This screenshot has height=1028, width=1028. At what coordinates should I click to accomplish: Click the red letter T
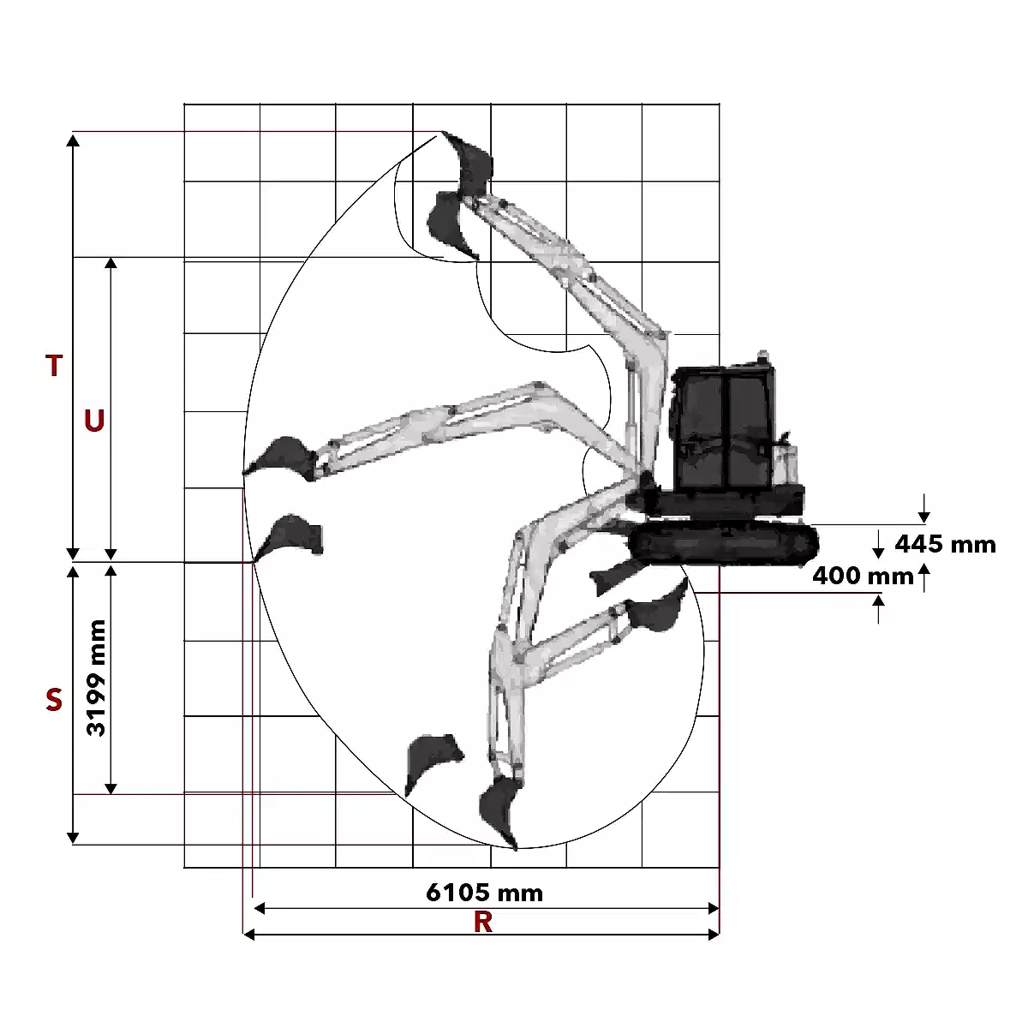54,366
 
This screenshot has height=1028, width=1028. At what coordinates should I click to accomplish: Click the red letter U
94,421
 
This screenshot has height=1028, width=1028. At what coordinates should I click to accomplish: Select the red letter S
54,699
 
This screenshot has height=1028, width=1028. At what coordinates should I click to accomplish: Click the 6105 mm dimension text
484,893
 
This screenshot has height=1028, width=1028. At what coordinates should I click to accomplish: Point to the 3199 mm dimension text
97,678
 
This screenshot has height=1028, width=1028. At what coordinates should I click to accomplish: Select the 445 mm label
945,545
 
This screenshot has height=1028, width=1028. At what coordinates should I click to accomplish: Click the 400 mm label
864,577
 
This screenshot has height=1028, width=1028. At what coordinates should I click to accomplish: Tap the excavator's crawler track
723,544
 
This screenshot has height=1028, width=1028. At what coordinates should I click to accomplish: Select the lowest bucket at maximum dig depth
499,812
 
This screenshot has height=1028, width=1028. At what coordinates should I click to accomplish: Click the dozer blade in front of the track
613,577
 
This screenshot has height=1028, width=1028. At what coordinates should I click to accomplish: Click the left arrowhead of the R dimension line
248,934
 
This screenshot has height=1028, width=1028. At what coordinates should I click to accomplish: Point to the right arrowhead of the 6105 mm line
714,909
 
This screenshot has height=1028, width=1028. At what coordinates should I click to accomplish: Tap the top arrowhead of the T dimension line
73,140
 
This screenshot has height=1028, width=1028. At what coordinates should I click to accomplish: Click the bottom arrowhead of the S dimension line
73,838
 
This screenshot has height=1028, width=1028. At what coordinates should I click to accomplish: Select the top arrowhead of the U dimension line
111,264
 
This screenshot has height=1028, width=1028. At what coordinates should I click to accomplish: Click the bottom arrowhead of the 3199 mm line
111,788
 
